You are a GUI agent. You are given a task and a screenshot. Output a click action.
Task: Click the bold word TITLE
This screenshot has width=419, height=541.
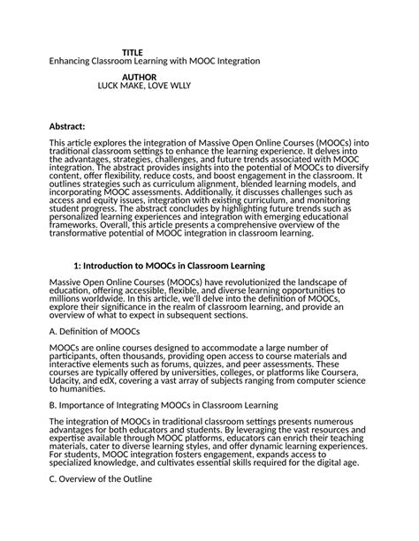[x=132, y=53]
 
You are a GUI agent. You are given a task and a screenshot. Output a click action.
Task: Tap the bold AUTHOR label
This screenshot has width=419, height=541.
[x=139, y=78]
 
